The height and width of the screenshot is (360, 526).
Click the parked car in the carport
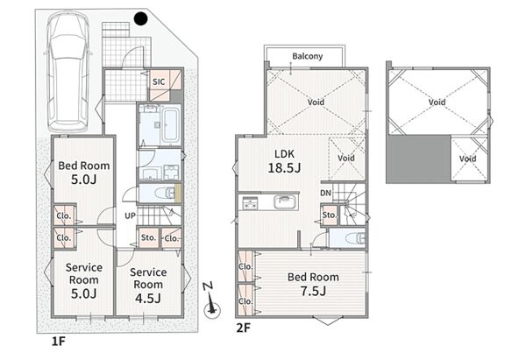68,72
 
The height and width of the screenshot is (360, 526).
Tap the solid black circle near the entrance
140,18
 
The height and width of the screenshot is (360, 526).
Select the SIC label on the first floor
159,81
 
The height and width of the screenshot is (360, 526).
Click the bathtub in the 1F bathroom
170,124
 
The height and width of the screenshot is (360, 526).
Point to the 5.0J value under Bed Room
83,180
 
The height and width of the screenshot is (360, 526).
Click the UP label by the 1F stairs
130,215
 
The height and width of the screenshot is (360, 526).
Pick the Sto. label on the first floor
148,237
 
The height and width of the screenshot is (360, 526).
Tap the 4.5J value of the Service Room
148,298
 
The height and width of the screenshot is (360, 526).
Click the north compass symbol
211,300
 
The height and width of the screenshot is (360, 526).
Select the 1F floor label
58,342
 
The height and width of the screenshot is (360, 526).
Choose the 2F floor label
243,328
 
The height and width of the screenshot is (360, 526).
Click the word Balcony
308,56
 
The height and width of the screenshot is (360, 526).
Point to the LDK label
284,154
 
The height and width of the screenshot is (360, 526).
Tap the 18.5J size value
284,167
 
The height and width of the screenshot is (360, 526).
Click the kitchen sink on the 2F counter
286,202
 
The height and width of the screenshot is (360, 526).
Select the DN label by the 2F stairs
325,193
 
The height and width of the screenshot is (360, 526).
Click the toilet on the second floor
356,238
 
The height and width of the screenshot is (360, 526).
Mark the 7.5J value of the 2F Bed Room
313,291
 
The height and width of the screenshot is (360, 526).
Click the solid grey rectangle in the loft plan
418,159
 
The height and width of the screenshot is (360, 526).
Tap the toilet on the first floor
166,193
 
